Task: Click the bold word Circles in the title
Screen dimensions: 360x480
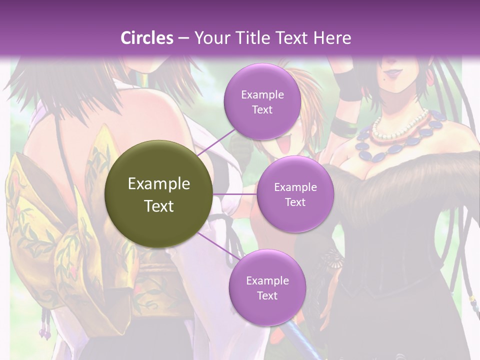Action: coord(147,38)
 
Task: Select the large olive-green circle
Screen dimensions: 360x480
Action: coord(159,194)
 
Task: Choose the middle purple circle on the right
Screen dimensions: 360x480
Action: coord(295,194)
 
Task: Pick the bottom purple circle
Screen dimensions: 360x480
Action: coord(267,287)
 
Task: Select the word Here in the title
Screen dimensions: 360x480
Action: coord(332,38)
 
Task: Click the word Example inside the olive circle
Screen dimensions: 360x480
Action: coord(159,184)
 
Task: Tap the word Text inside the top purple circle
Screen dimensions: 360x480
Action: coord(262,109)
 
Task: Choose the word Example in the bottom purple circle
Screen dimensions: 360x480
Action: coord(267,280)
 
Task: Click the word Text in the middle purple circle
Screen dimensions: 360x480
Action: coord(295,202)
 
